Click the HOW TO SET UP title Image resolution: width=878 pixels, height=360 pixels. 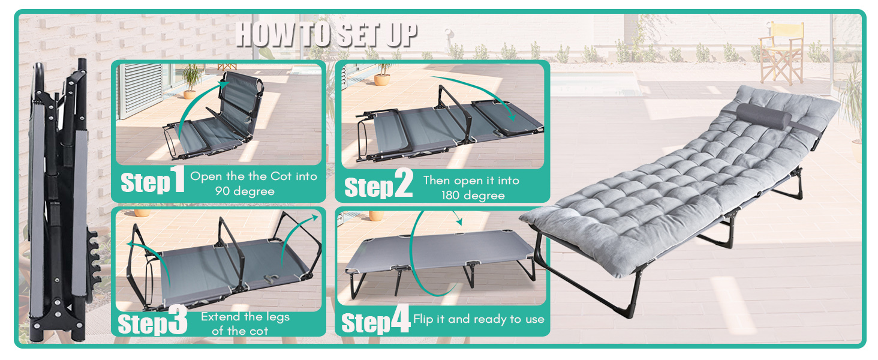coord(326,35)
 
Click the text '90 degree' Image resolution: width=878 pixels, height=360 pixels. coord(245,191)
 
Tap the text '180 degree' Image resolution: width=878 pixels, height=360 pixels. coord(473,195)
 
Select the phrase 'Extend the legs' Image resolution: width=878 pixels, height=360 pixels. coord(245,317)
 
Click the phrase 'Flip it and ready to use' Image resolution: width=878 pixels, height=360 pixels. coord(479,319)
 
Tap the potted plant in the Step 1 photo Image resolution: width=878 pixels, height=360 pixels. coord(191,80)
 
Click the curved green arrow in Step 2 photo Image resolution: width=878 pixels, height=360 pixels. coord(480,90)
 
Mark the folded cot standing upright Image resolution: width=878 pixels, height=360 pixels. coord(60,198)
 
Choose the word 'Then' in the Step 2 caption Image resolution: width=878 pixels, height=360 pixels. coord(437,181)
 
